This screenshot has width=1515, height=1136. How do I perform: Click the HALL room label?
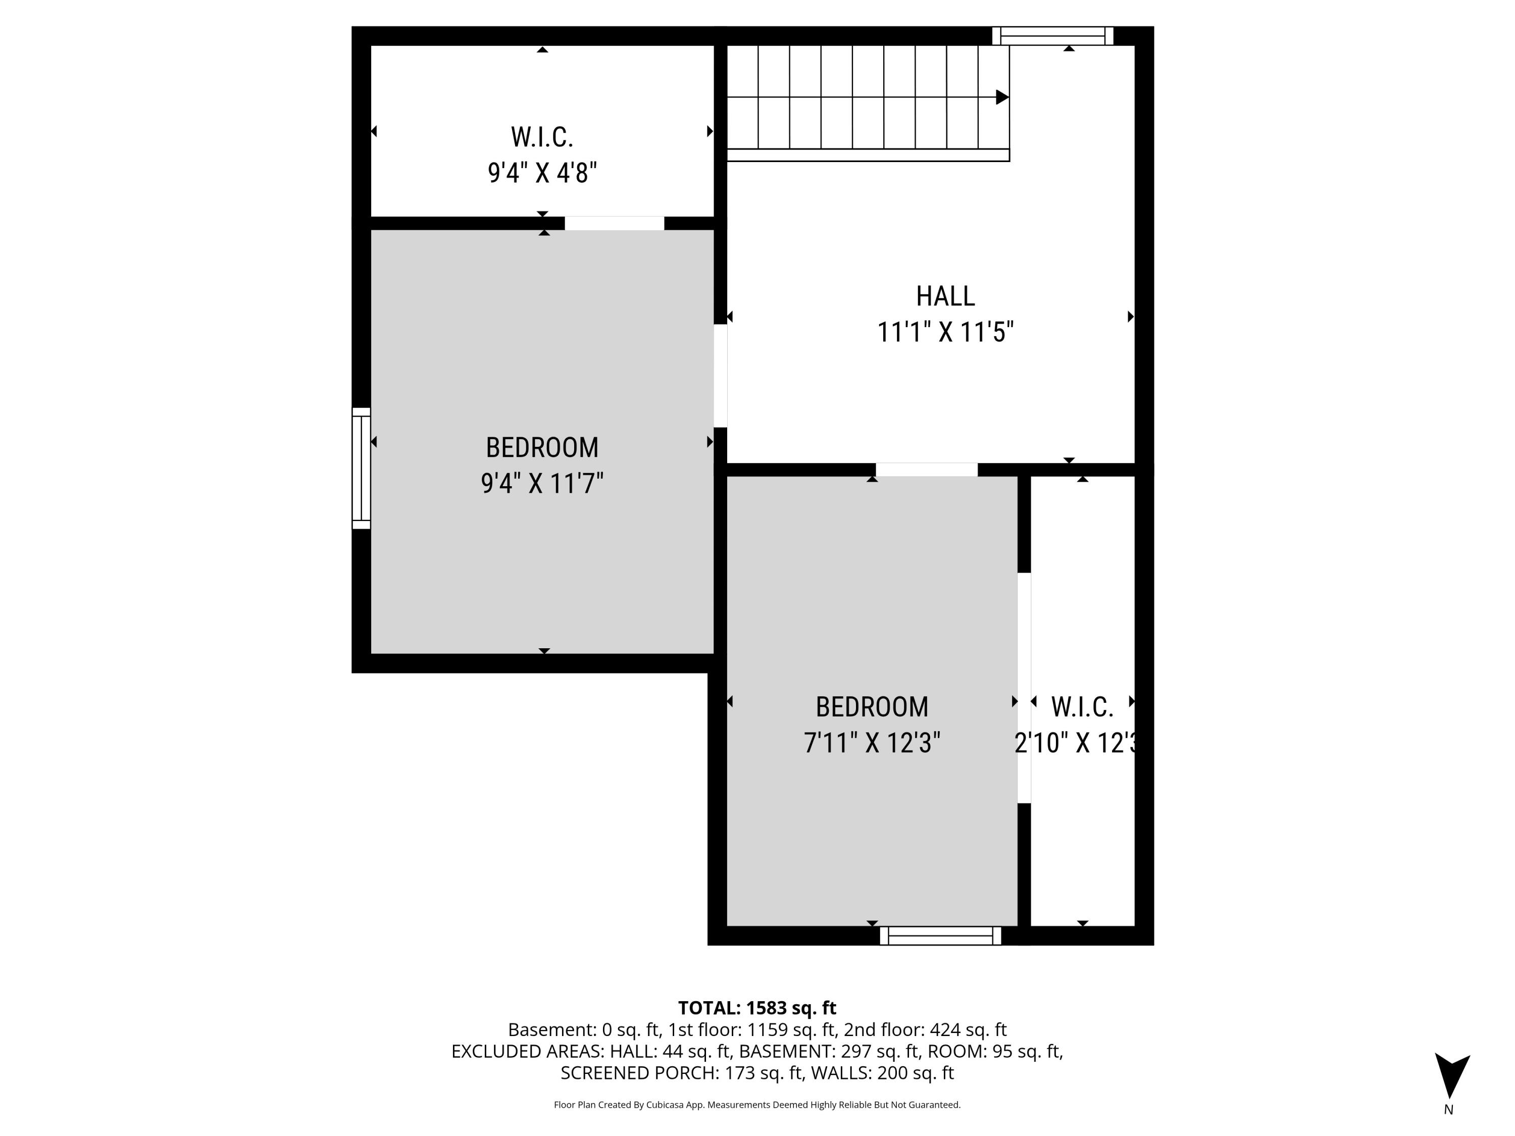pos(945,296)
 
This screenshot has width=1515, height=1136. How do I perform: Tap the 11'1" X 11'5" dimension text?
pos(945,333)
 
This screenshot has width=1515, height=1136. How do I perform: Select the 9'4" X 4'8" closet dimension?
pos(542,173)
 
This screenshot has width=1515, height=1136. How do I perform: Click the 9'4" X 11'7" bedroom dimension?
pos(542,484)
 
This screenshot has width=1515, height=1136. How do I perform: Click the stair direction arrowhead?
pos(1001,97)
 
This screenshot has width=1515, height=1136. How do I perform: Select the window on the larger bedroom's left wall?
pos(361,469)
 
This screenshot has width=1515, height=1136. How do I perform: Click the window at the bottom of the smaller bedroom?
pos(940,936)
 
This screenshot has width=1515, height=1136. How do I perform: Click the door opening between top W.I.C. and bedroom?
pos(615,223)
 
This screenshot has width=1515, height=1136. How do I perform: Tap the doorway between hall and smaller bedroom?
pos(926,470)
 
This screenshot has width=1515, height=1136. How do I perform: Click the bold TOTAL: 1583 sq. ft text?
pos(757,1008)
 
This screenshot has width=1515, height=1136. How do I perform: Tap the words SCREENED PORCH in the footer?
pos(636,1073)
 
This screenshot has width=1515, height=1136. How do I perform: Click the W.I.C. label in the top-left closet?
pos(542,137)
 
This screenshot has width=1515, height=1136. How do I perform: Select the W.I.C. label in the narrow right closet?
pos(1082,707)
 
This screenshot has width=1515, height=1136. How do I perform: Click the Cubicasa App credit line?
pos(757,1105)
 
